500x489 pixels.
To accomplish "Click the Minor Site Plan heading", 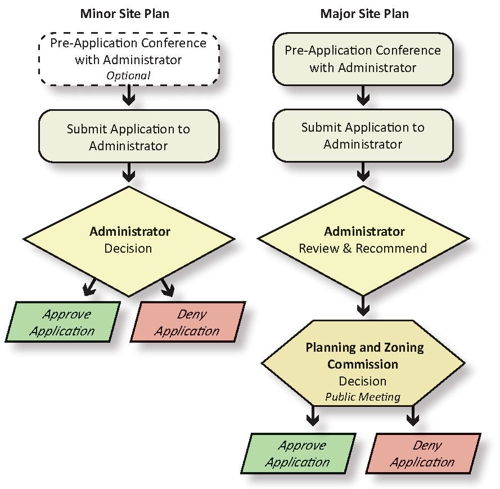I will point(125,14).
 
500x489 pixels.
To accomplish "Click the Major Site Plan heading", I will point(364,14).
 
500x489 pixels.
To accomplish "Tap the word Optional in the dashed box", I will point(129,75).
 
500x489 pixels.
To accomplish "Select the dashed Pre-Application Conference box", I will point(128,59).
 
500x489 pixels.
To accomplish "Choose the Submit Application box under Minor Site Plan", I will point(128,137).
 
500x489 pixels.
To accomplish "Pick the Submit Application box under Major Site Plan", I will point(363,136).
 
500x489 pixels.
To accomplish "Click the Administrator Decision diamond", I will point(129,240).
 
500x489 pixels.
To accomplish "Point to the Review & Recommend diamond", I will point(363,240).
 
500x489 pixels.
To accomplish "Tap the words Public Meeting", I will point(363,397).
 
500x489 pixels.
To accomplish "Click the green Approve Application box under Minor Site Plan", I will point(62,322).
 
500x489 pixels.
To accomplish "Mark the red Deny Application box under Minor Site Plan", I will point(188,322).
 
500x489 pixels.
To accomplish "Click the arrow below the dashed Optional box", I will point(129,96).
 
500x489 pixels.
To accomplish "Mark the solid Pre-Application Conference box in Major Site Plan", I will point(363,59).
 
